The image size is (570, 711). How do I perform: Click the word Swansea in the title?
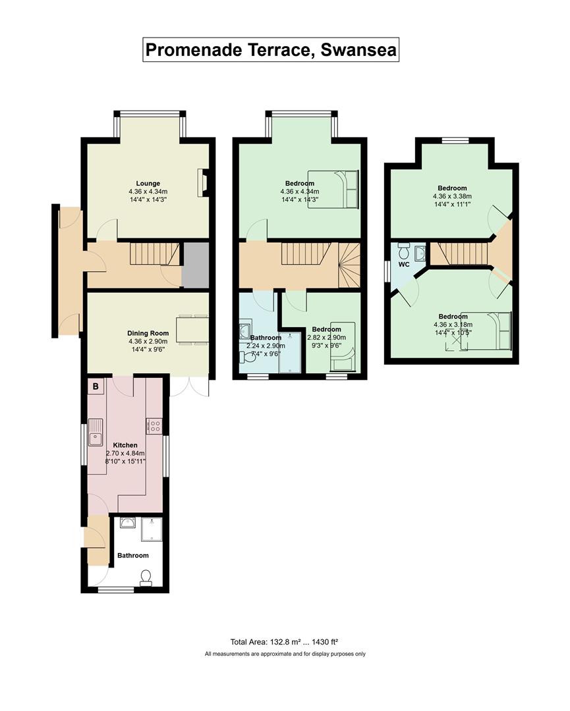(x=358, y=49)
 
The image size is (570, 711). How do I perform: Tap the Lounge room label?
(x=148, y=183)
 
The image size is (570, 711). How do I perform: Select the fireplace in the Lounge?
(x=203, y=182)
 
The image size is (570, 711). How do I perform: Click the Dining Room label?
(x=148, y=333)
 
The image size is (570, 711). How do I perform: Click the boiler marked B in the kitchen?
(x=96, y=387)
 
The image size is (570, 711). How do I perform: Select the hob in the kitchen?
(x=154, y=425)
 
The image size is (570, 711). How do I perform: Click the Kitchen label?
(x=125, y=445)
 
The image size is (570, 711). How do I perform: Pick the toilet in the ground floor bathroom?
(x=146, y=578)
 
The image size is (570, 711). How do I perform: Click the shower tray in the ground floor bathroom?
(x=152, y=529)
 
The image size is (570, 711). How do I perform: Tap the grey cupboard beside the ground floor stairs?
(x=195, y=265)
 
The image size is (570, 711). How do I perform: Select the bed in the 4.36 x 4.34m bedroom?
(x=333, y=189)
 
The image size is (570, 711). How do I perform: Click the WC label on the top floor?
(x=404, y=265)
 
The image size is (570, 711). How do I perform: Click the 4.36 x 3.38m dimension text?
(x=453, y=196)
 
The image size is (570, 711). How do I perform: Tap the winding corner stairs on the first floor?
(x=349, y=265)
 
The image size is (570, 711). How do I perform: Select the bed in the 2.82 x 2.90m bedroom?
(x=342, y=346)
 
